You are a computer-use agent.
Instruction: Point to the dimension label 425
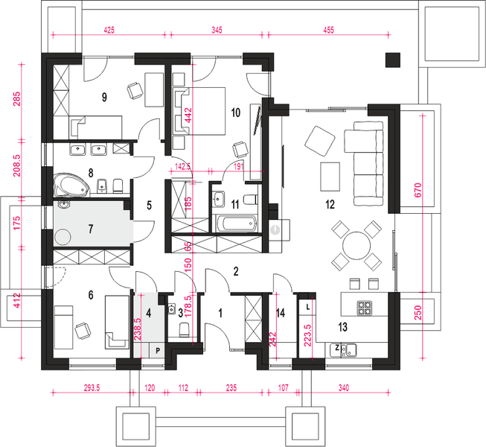point(109,31)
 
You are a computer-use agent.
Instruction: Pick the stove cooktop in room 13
point(365,306)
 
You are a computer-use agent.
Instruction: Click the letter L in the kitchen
point(308,306)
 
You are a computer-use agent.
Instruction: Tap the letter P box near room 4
point(158,349)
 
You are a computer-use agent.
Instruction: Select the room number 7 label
point(91,227)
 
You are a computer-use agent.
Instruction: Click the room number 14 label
point(280,314)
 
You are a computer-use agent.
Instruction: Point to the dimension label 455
point(328,31)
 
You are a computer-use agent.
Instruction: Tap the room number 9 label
point(104,96)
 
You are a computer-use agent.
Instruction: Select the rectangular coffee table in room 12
point(328,176)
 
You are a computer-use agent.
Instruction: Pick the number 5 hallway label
point(149,205)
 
